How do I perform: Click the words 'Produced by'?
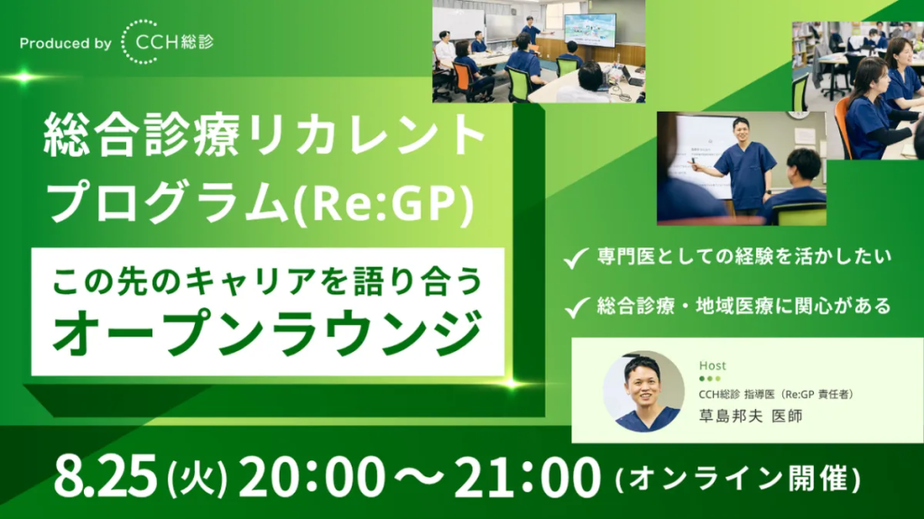pyautogui.click(x=65, y=43)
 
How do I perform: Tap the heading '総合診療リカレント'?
pyautogui.click(x=264, y=136)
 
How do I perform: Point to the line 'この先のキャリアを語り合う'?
pyautogui.click(x=267, y=281)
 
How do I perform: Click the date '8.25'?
pyautogui.click(x=106, y=476)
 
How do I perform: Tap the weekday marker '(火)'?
pyautogui.click(x=198, y=477)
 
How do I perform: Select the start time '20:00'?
pyautogui.click(x=311, y=476)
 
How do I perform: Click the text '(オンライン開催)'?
pyautogui.click(x=738, y=478)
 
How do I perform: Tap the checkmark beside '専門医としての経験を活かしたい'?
pyautogui.click(x=576, y=258)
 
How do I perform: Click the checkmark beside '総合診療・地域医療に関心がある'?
pyautogui.click(x=576, y=307)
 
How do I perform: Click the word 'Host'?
pyautogui.click(x=713, y=366)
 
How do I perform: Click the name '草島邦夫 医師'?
pyautogui.click(x=751, y=416)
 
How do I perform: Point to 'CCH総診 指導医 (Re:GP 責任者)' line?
pyautogui.click(x=776, y=394)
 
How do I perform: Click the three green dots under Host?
pyautogui.click(x=709, y=378)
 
